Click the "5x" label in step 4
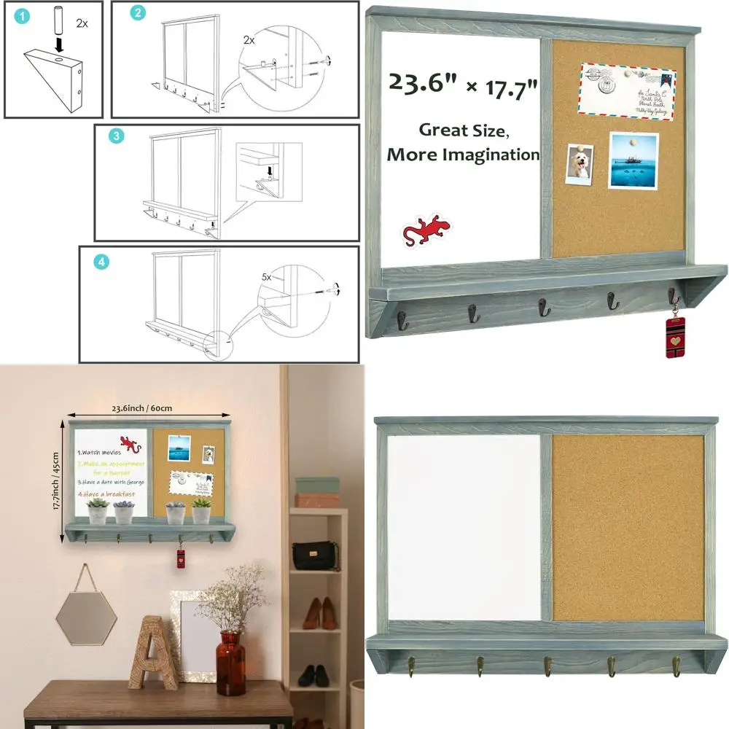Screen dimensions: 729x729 tap(267, 278)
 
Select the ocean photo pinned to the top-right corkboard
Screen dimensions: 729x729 tap(633, 160)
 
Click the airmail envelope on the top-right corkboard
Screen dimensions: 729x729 tap(628, 91)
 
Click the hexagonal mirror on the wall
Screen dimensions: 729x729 tap(86, 616)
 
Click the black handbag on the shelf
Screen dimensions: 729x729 tap(316, 555)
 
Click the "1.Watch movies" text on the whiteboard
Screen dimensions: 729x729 tap(99, 452)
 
